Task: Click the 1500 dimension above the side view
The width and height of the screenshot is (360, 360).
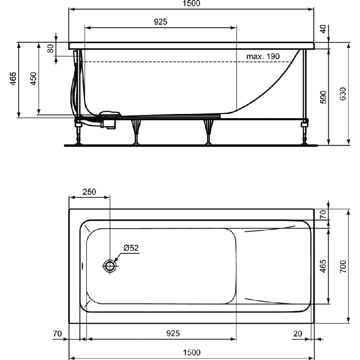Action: [x=191, y=3]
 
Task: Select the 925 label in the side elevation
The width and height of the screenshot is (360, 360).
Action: [x=160, y=22]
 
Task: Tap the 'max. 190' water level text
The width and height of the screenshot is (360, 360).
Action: [x=263, y=56]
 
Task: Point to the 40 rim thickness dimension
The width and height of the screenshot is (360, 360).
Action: [x=324, y=29]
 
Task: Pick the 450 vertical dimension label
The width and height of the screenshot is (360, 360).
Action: [x=33, y=79]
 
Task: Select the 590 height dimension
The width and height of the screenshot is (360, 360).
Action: [x=324, y=97]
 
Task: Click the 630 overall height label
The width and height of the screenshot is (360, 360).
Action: [x=343, y=93]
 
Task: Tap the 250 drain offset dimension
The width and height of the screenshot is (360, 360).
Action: [x=89, y=191]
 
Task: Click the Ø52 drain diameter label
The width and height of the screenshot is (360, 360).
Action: [x=131, y=248]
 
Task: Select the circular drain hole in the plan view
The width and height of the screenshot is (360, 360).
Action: [x=110, y=266]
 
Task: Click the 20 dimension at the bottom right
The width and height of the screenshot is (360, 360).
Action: [x=298, y=334]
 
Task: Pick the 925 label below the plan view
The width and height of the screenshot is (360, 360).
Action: [x=172, y=334]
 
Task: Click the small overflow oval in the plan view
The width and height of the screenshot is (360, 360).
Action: [x=82, y=266]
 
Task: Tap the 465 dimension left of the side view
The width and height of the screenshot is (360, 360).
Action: [x=13, y=79]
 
